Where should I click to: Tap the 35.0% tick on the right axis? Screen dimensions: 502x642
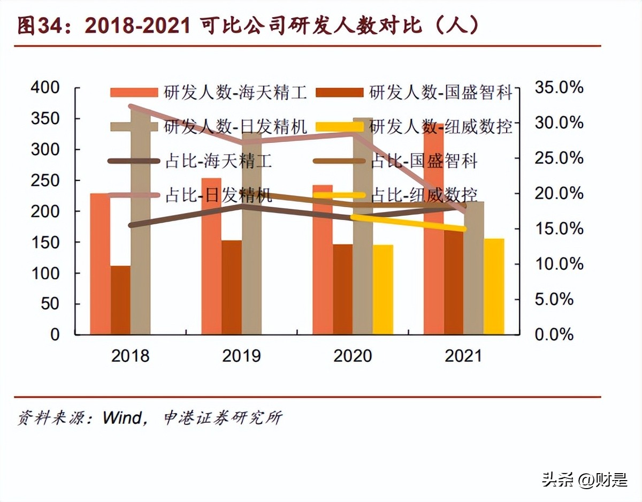click(x=559, y=87)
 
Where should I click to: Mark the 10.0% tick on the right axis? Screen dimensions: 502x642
click(x=559, y=264)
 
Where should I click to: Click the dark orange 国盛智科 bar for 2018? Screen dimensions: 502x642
click(x=120, y=300)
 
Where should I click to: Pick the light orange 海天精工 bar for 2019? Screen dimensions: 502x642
click(x=211, y=256)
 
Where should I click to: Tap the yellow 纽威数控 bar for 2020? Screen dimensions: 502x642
click(x=383, y=290)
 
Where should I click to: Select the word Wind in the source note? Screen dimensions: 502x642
click(x=125, y=418)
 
